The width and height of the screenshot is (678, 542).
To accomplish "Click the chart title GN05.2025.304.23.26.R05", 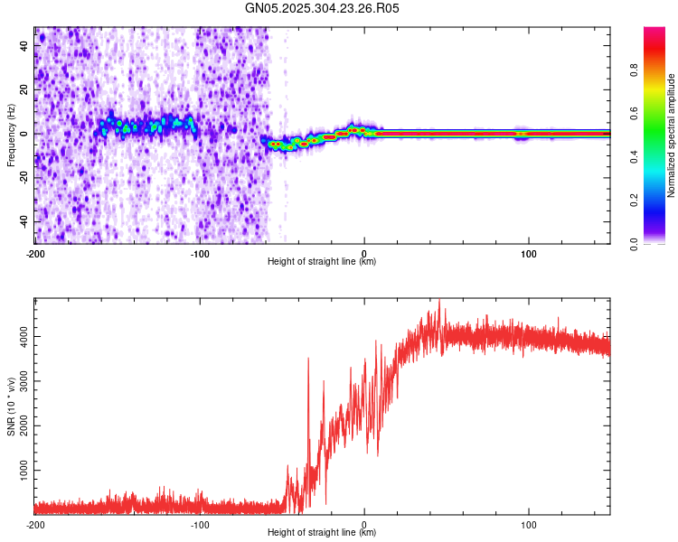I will point(323,8).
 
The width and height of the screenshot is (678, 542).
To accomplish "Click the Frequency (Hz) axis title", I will point(11,135).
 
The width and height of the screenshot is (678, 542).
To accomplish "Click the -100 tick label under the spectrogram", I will point(200,252).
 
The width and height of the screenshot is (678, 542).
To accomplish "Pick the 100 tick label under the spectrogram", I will point(529,252).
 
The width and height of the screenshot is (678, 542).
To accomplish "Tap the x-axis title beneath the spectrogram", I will point(322,262).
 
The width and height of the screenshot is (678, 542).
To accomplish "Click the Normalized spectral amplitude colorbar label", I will point(672,135).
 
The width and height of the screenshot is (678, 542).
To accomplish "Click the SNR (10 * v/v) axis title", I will point(11,406).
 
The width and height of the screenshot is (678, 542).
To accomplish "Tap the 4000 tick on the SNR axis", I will point(20,337).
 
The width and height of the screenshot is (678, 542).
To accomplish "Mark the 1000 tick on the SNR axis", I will point(20,471).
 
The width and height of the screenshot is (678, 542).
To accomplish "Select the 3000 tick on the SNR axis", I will point(20,381).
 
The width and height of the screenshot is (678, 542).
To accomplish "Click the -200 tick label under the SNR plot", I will point(35,524).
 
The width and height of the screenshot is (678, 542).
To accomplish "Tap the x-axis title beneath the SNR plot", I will point(322,533).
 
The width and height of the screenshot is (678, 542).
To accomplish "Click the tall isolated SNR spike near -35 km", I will point(308,360).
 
